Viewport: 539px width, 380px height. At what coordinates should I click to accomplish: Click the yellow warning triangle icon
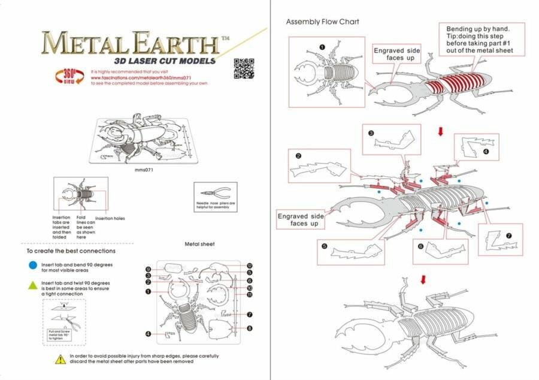pos(60,358)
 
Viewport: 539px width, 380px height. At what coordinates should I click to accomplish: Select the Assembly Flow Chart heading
pos(322,22)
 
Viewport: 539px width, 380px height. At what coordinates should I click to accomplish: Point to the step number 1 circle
pos(322,46)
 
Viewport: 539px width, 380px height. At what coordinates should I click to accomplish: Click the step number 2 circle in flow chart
pos(298,155)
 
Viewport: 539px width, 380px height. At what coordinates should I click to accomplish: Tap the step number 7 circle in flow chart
pos(509,235)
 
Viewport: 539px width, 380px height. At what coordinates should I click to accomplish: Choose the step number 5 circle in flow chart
pos(323,245)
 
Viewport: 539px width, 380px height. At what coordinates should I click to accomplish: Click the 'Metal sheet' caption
pos(199,244)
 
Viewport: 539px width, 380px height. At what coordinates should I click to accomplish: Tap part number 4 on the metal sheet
pos(147,333)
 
